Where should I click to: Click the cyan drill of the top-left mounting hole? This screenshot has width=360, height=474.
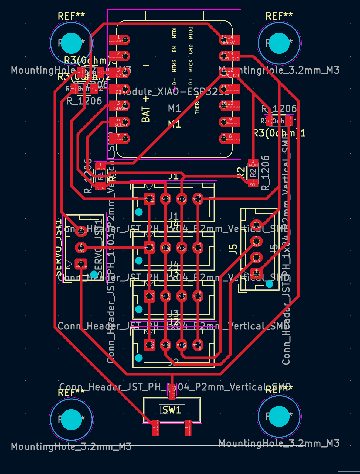pyautogui.click(x=71, y=43)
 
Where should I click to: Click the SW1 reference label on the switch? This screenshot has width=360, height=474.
pyautogui.click(x=172, y=410)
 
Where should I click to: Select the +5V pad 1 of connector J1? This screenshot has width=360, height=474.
pyautogui.click(x=149, y=199)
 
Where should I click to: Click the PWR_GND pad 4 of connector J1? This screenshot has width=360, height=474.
pyautogui.click(x=198, y=199)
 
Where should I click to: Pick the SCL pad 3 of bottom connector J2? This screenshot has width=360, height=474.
pyautogui.click(x=182, y=345)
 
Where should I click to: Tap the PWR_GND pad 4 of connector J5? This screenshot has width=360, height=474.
pyautogui.click(x=256, y=225)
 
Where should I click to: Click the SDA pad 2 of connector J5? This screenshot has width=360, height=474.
pyautogui.click(x=256, y=258)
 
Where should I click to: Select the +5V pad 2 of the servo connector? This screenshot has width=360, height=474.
pyautogui.click(x=81, y=248)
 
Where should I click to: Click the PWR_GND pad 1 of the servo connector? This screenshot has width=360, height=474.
pyautogui.click(x=81, y=264)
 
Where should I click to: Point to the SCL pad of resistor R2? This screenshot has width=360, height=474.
pyautogui.click(x=253, y=183)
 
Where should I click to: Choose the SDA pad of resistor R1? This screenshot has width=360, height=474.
pyautogui.click(x=100, y=186)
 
